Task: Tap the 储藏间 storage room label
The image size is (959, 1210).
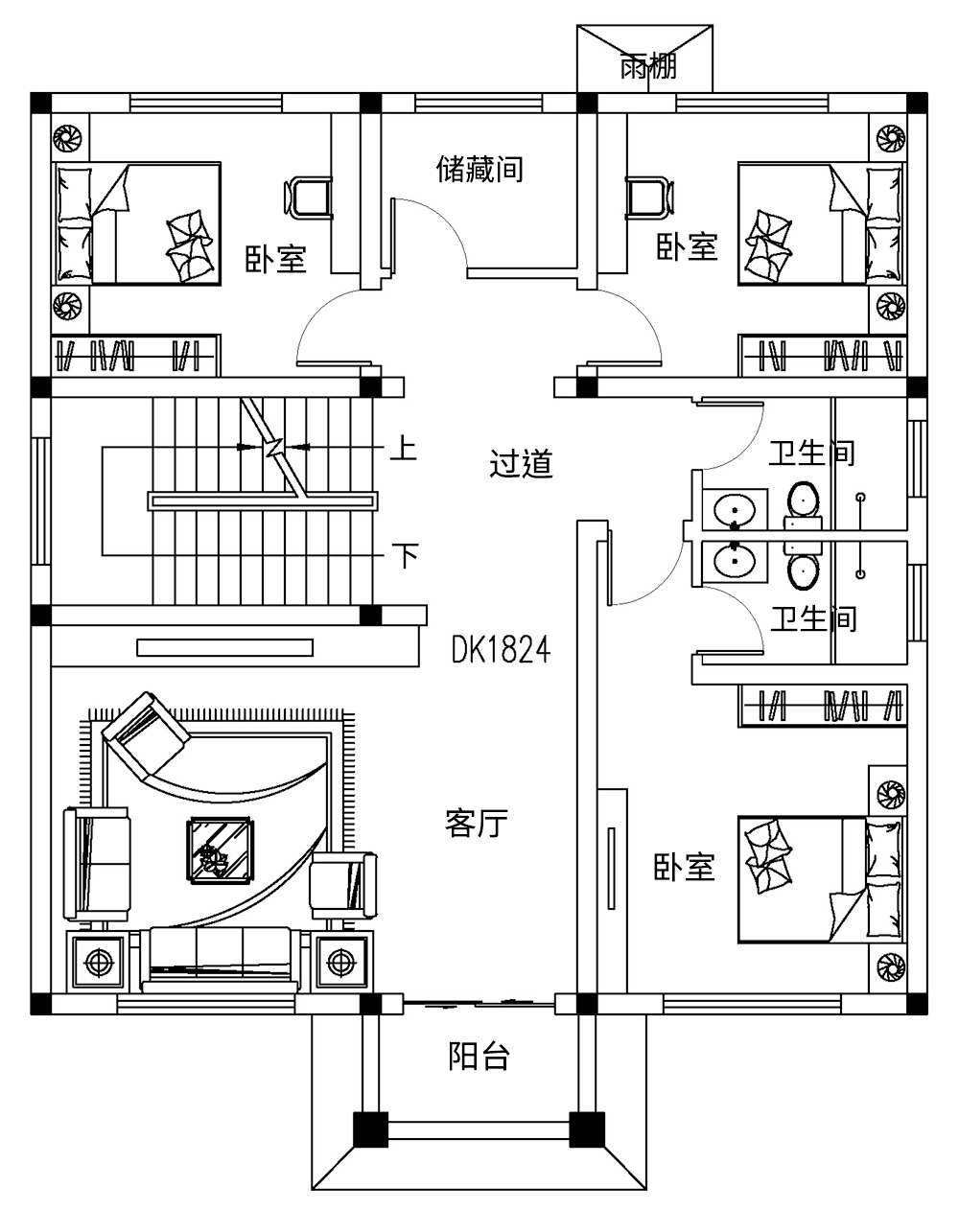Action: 479,170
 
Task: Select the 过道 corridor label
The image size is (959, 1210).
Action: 522,465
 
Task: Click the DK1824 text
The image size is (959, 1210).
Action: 501,652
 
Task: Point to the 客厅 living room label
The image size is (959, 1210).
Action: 477,823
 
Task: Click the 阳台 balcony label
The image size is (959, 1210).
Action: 479,1057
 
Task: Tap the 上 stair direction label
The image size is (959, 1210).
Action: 404,448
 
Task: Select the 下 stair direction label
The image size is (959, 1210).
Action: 406,555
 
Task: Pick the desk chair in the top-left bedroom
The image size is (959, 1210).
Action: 309,196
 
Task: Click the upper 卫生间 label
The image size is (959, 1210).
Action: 811,453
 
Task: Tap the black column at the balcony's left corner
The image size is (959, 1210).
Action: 370,1129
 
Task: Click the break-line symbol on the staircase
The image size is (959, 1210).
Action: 273,447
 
